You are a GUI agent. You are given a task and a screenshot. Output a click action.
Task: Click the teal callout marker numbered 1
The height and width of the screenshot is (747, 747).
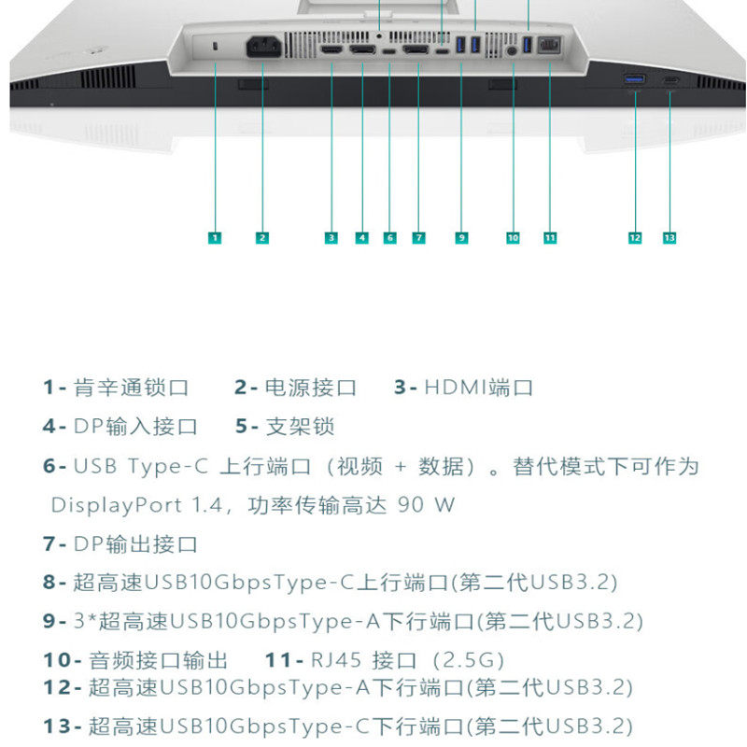coord(215,238)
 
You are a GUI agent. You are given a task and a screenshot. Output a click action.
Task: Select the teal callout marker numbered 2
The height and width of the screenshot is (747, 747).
coord(262,238)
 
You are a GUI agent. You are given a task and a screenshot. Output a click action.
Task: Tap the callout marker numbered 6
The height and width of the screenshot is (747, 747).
coord(389,238)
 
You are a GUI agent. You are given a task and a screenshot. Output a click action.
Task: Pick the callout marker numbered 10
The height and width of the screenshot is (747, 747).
coord(513,238)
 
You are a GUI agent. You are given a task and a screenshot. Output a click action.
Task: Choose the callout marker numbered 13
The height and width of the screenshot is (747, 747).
coord(669,238)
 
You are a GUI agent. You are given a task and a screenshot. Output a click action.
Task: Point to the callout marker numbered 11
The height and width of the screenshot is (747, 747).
coord(550,238)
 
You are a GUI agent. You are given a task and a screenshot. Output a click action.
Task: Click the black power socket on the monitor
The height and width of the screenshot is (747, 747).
coord(263,47)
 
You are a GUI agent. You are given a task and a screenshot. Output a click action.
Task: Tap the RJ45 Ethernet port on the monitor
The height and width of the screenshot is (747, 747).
coord(549,46)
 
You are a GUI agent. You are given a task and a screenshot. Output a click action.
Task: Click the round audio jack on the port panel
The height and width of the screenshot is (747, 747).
coord(512,50)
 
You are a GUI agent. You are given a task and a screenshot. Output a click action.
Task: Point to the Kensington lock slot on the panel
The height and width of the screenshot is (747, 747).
coord(215,46)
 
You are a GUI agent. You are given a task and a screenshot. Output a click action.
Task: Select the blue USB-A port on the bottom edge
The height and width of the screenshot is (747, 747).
coord(635,79)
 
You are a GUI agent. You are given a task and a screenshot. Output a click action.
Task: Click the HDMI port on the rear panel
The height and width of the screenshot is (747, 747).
coord(331,49)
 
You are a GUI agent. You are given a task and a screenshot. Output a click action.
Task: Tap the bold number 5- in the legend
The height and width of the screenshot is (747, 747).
coord(247,427)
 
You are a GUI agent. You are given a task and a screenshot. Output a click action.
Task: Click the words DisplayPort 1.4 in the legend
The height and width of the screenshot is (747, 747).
coord(136,505)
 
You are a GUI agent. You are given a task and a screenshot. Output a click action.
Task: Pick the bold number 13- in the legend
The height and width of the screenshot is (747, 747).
coord(63,726)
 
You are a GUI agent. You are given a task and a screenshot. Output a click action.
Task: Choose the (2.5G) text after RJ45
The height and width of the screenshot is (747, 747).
coord(469,660)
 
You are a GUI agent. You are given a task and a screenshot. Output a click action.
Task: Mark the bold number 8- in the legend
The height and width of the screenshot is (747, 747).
coord(54,582)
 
